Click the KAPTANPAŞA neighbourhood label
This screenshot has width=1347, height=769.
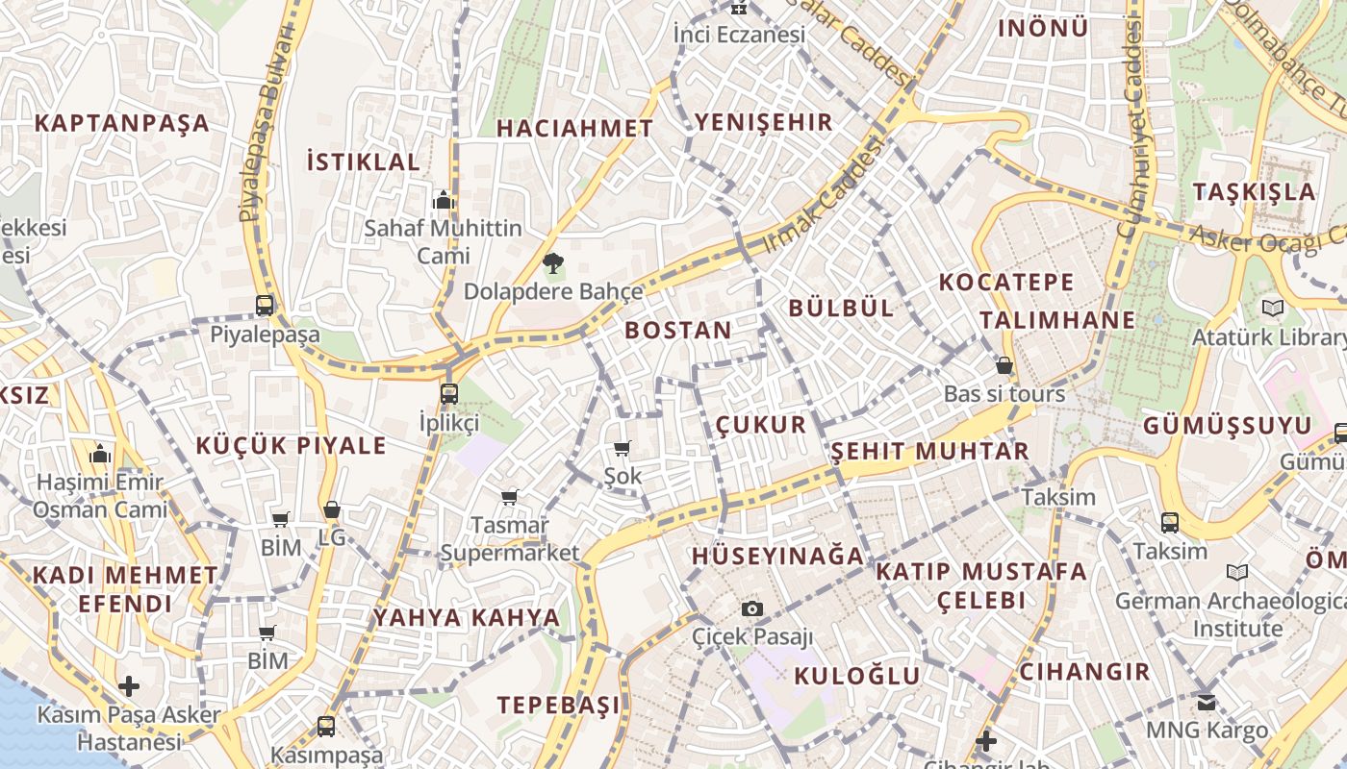pyautogui.click(x=122, y=123)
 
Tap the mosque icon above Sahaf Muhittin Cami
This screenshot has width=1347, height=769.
pyautogui.click(x=444, y=200)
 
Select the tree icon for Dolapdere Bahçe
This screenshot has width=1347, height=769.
pyautogui.click(x=553, y=262)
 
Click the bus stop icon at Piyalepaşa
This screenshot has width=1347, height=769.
pyautogui.click(x=265, y=306)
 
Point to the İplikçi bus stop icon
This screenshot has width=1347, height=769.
pyautogui.click(x=449, y=393)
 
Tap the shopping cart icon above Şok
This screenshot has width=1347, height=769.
pyautogui.click(x=623, y=448)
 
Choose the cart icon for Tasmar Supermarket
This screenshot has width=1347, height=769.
pyautogui.click(x=510, y=497)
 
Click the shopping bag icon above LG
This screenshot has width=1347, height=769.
pyautogui.click(x=332, y=509)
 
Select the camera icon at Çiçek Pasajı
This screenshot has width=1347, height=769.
pyautogui.click(x=752, y=608)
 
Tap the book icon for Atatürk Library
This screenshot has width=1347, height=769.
pyautogui.click(x=1273, y=309)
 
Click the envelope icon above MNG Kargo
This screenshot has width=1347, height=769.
pyautogui.click(x=1207, y=702)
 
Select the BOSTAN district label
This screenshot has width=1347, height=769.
pyautogui.click(x=678, y=330)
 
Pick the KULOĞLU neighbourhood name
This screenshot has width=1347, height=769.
pyautogui.click(x=857, y=676)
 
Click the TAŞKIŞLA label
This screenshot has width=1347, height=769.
pyautogui.click(x=1255, y=191)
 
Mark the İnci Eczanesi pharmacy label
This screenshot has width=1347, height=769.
pyautogui.click(x=739, y=35)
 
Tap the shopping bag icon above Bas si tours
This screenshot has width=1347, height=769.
pyautogui.click(x=1004, y=366)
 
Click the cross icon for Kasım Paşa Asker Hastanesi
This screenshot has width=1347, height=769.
pyautogui.click(x=128, y=686)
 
